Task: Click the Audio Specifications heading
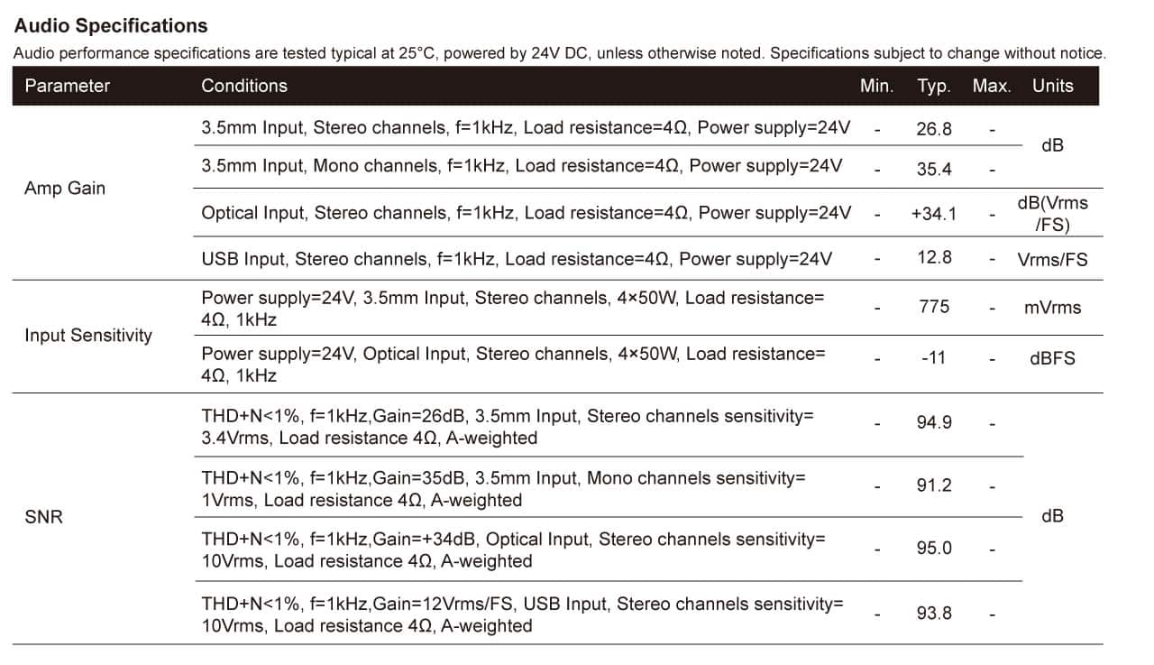111,26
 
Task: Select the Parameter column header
68,86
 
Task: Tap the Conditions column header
244,86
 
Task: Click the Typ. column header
934,86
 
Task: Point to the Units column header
1052,86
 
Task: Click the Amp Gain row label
65,189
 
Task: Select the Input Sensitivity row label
88,335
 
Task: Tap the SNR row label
44,516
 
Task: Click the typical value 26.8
934,129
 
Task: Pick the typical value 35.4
934,169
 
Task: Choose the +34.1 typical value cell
933,214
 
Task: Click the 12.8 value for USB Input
934,257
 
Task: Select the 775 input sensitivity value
934,307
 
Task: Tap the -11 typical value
933,357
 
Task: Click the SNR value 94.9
934,422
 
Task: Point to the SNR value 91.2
934,485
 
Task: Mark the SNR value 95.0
934,548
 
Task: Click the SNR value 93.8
934,613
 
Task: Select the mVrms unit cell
1052,308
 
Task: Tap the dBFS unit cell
1052,358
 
